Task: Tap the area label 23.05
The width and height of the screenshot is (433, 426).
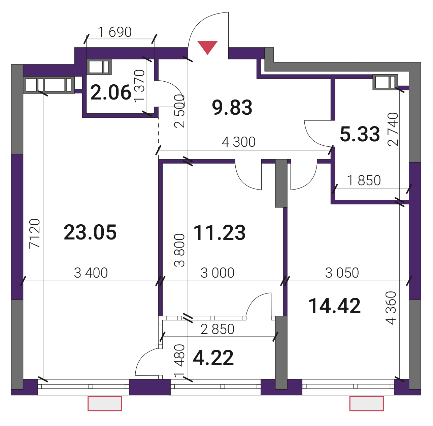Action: pyautogui.click(x=90, y=232)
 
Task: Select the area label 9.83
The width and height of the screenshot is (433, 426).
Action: pyautogui.click(x=232, y=107)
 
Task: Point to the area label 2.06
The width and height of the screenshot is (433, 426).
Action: pyautogui.click(x=111, y=92)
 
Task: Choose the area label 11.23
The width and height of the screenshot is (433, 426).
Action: pyautogui.click(x=219, y=233)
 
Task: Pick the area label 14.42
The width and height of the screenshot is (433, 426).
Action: pyautogui.click(x=335, y=306)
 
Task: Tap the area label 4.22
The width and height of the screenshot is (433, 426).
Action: pyautogui.click(x=213, y=358)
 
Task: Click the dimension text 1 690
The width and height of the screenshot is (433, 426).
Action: pyautogui.click(x=115, y=32)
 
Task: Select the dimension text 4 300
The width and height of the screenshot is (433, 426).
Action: pyautogui.click(x=239, y=142)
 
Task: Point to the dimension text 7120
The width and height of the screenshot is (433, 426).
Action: pyautogui.click(x=35, y=233)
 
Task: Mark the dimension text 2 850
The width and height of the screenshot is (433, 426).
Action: pyautogui.click(x=218, y=329)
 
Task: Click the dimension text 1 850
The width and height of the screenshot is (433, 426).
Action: pyautogui.click(x=364, y=180)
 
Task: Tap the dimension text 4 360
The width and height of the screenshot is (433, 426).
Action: pyautogui.click(x=391, y=308)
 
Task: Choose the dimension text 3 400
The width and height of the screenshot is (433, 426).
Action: pyautogui.click(x=91, y=273)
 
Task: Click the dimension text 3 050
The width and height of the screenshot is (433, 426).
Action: pyautogui.click(x=342, y=273)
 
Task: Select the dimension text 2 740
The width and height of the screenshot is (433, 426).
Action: pyautogui.click(x=393, y=129)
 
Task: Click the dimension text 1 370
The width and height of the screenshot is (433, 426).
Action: pyautogui.click(x=139, y=86)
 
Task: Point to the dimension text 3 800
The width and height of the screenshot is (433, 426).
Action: pyautogui.click(x=179, y=250)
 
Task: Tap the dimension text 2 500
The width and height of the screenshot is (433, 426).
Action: pyautogui.click(x=179, y=111)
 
